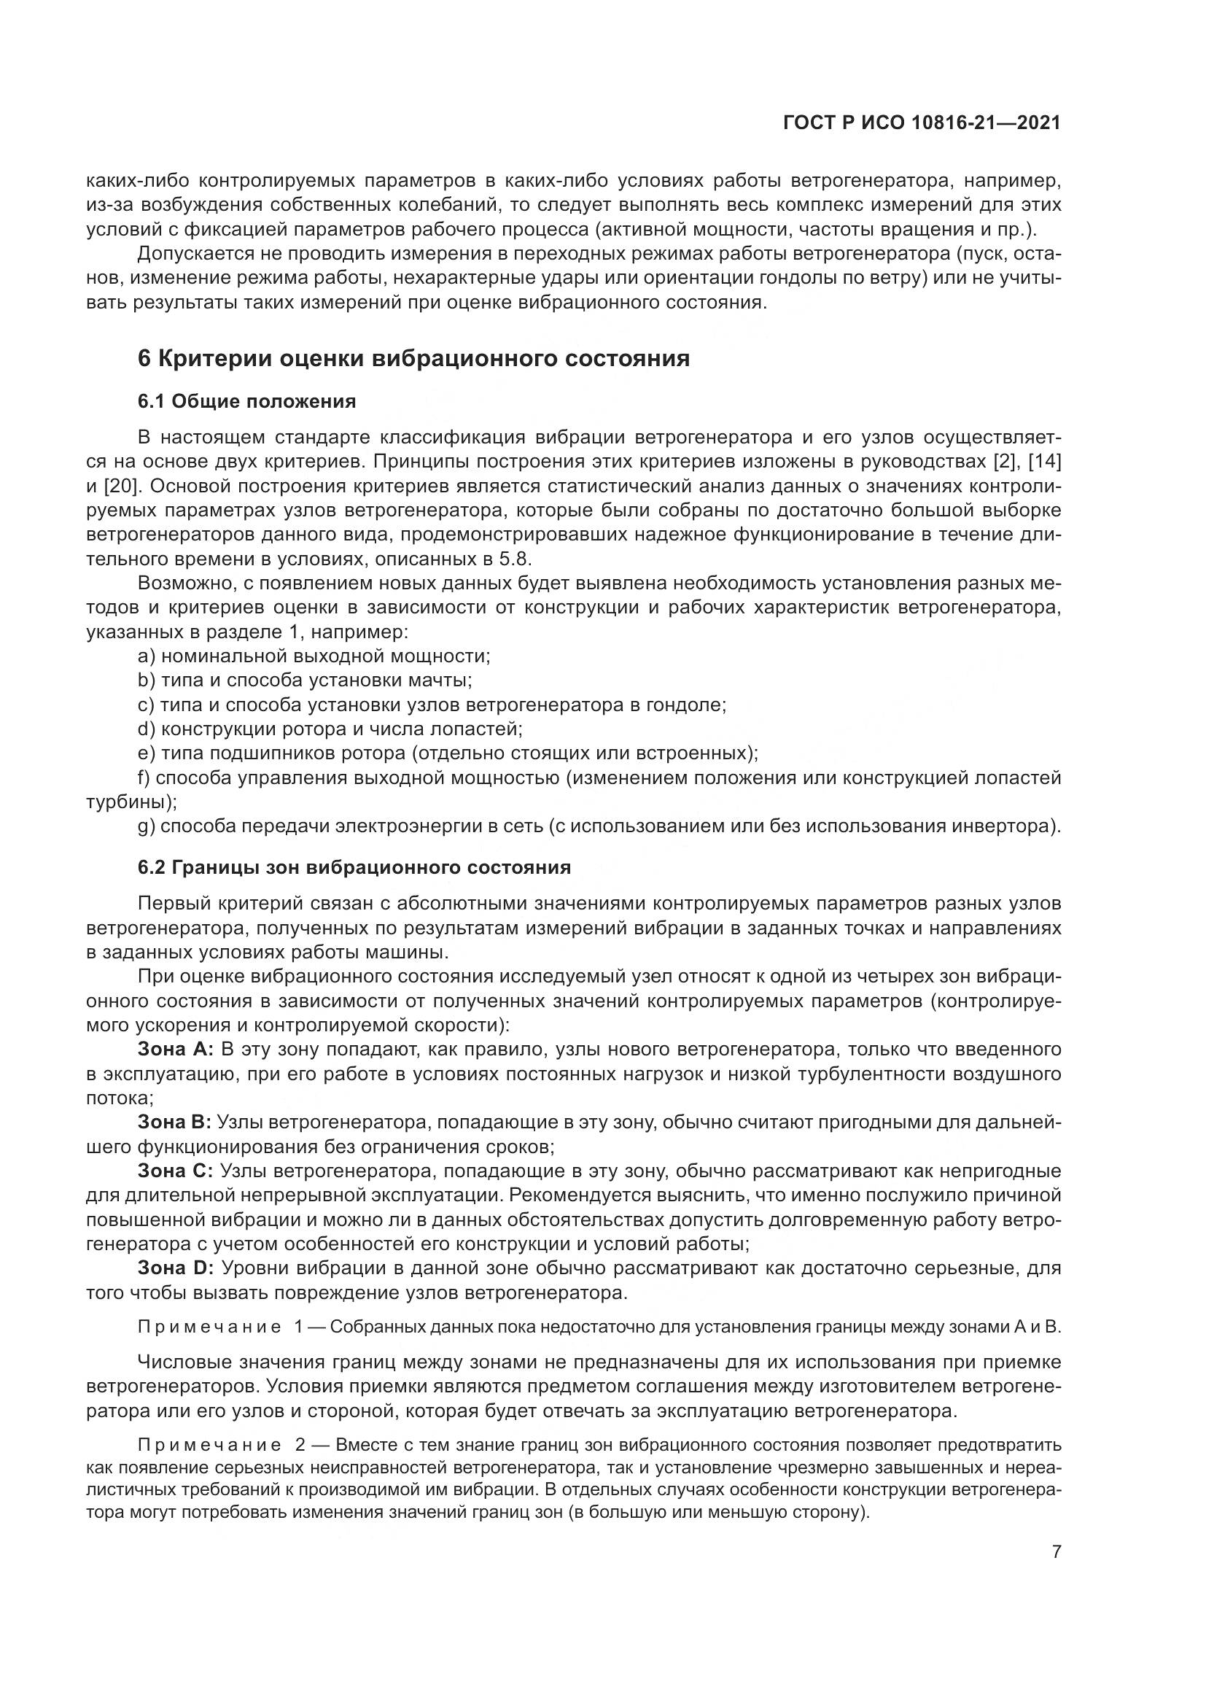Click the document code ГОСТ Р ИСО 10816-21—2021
[x=922, y=123]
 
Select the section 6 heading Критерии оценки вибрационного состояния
[x=413, y=359]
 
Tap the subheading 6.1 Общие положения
[x=246, y=402]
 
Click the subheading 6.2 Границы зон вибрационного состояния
[x=354, y=868]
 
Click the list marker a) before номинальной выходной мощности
[x=146, y=657]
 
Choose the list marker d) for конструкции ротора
[x=146, y=729]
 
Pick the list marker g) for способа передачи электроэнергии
[x=146, y=826]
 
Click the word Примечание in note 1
[x=210, y=1327]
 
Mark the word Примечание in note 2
[x=210, y=1445]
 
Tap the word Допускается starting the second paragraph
[x=195, y=254]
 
